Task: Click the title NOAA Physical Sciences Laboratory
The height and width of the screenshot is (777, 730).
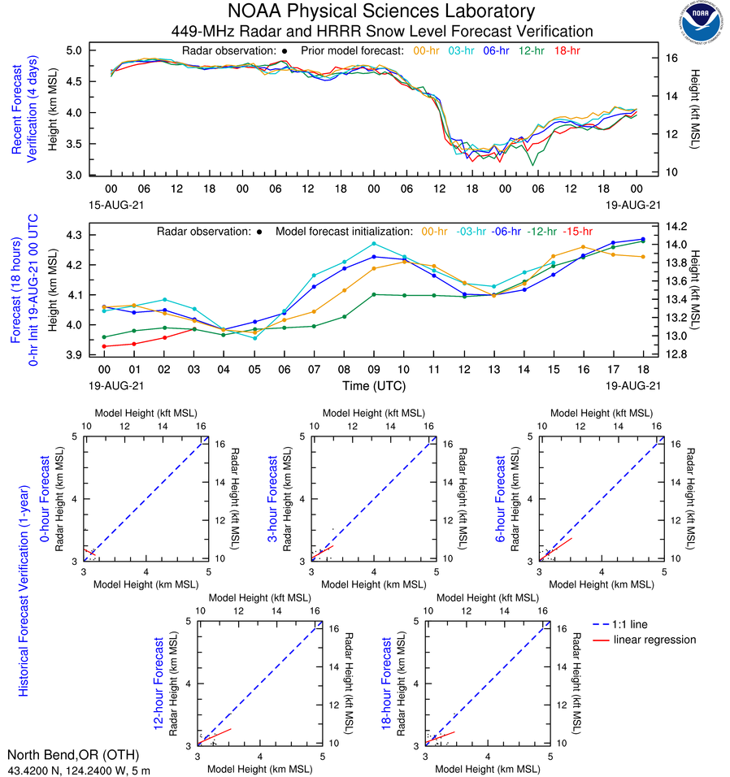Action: (381, 11)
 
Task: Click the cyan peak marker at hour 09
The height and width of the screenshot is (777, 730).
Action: (374, 243)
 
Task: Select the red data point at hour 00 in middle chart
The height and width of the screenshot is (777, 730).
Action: (104, 346)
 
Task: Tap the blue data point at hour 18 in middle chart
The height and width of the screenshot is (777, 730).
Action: (643, 239)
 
